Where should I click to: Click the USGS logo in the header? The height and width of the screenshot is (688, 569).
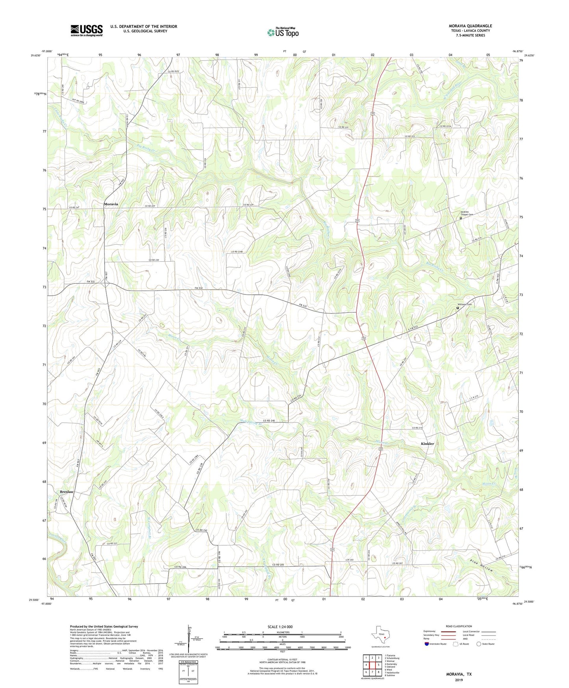pyautogui.click(x=87, y=30)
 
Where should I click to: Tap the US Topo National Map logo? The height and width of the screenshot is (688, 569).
pyautogui.click(x=283, y=32)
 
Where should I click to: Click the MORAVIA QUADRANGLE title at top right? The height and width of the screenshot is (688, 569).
pyautogui.click(x=470, y=26)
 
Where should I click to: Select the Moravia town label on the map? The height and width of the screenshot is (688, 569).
pyautogui.click(x=111, y=204)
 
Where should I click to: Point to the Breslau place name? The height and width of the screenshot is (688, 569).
pyautogui.click(x=67, y=492)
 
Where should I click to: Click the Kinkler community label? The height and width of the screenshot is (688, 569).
pyautogui.click(x=427, y=444)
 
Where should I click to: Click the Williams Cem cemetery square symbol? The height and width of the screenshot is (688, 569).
pyautogui.click(x=458, y=308)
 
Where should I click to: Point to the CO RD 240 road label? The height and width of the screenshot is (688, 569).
pyautogui.click(x=267, y=421)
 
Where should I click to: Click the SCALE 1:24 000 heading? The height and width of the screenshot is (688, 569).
pyautogui.click(x=280, y=627)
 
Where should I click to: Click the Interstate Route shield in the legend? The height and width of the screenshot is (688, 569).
pyautogui.click(x=427, y=644)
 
